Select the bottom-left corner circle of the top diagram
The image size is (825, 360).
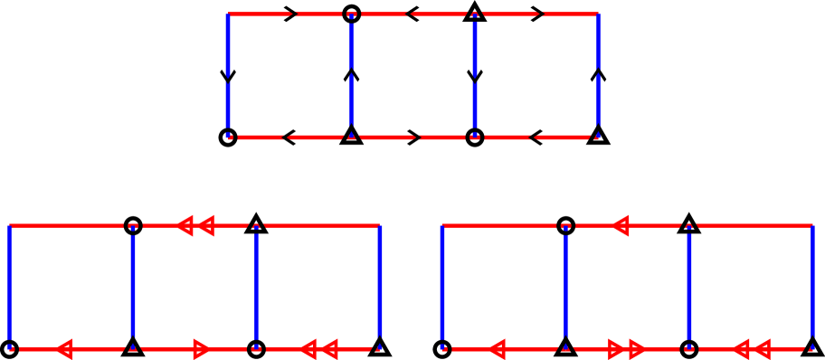tap(228, 137)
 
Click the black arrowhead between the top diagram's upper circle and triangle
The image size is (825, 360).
tap(412, 14)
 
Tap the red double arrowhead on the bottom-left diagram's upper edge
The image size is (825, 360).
tap(195, 225)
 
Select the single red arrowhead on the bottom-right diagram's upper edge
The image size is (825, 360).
tap(621, 225)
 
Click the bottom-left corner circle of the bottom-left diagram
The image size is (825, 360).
tap(10, 348)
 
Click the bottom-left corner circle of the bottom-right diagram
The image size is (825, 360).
tap(442, 348)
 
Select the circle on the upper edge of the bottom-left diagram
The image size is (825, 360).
tap(133, 225)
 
